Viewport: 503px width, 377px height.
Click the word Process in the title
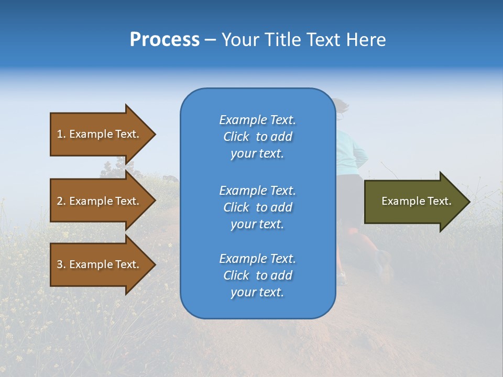[165, 40]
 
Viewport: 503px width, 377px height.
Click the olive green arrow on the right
[414, 201]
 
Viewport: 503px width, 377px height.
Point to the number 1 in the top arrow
[60, 134]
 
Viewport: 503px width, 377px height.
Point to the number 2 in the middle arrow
[60, 201]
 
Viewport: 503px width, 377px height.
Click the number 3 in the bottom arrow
[60, 264]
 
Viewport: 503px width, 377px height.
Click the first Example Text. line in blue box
[257, 120]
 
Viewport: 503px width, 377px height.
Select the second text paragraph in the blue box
[257, 207]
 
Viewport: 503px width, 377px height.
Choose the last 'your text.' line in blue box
[257, 292]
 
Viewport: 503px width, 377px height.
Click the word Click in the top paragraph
[236, 137]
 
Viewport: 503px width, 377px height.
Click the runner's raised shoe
[385, 264]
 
